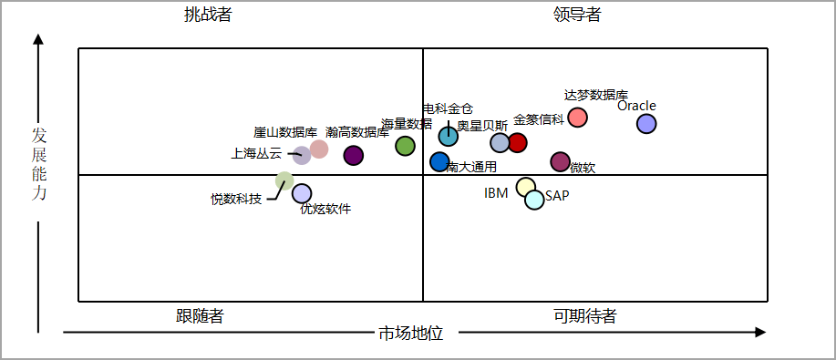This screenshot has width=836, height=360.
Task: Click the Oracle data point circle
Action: pos(646,124)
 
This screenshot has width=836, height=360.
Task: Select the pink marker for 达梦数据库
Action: pos(578,118)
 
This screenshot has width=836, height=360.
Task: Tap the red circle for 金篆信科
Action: pos(517,142)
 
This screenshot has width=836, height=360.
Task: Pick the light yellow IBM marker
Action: pos(526,187)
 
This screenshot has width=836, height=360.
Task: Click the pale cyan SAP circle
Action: pos(534,200)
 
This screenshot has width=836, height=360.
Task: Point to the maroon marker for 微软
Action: pos(560,162)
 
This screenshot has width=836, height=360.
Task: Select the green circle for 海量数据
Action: pos(406,146)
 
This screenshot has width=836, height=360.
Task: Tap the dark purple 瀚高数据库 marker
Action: pos(354,156)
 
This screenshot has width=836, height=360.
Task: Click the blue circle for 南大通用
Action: pos(440,162)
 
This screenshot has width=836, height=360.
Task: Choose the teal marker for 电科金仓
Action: pos(448,136)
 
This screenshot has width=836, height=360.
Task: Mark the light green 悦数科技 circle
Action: pos(284,180)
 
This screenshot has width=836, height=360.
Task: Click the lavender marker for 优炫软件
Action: pos(302,193)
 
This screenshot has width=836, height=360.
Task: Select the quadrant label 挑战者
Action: pos(207,15)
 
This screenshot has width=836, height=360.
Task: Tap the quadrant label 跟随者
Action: pos(200,316)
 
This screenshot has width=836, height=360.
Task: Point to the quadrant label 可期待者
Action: pos(584,316)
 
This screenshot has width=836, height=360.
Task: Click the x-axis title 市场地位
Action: pos(410,334)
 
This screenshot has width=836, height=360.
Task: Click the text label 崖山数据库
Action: pos(285,132)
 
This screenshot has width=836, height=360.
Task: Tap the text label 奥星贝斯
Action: pos(482,126)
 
